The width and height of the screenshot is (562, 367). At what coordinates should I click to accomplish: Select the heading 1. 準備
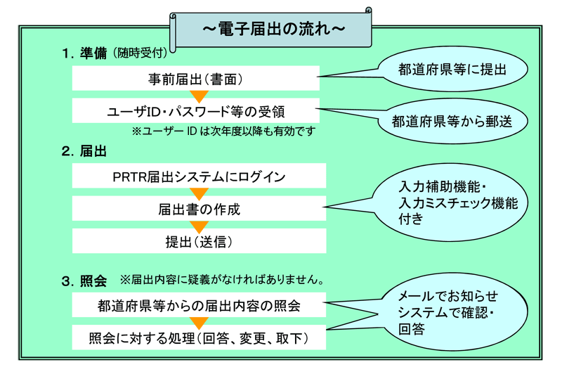tap(84, 53)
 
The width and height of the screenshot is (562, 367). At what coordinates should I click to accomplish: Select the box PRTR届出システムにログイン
tap(200, 176)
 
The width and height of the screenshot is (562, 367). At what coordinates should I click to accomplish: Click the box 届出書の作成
tap(200, 209)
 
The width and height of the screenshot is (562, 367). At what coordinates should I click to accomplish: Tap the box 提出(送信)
tap(200, 242)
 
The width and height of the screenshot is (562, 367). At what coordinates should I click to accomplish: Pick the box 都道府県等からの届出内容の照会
tap(200, 306)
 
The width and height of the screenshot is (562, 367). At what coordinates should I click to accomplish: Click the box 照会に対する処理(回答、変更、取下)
tap(200, 338)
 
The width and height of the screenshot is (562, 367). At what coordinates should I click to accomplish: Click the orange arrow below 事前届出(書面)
tap(200, 95)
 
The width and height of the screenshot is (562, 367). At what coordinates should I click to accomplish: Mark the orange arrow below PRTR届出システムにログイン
tap(200, 193)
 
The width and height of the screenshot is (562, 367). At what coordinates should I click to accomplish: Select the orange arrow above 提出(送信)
tap(200, 226)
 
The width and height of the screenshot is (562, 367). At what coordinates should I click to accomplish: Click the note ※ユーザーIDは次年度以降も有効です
tap(223, 131)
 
